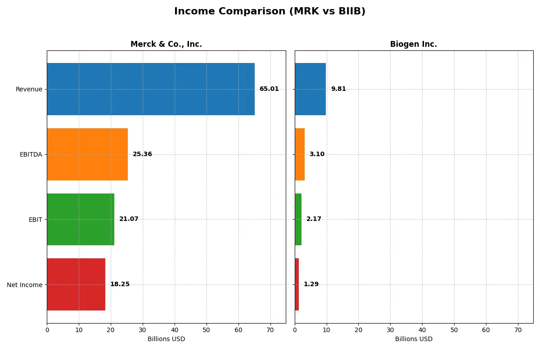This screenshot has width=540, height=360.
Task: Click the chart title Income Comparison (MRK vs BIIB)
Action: (270, 12)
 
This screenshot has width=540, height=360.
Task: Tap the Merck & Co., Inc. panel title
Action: (166, 44)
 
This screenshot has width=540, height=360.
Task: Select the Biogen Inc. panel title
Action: (414, 44)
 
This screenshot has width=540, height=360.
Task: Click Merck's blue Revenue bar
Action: (151, 89)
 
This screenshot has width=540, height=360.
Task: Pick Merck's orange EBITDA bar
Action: (87, 154)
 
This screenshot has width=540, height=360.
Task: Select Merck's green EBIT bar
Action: (81, 219)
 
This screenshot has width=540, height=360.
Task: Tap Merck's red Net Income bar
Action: (76, 284)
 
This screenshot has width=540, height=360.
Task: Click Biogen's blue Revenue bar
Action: (310, 89)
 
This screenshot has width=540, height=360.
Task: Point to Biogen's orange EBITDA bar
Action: (300, 154)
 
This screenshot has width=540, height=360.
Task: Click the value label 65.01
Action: (269, 89)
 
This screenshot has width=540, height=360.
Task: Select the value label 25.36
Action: (142, 154)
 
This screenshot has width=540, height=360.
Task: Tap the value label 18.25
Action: (120, 284)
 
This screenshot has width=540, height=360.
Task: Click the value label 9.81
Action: (338, 89)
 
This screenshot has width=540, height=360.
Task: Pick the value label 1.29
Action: (311, 284)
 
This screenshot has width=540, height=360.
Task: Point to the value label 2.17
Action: (314, 219)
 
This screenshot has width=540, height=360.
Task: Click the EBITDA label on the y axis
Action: (31, 154)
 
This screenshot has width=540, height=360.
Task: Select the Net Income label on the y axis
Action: (25, 285)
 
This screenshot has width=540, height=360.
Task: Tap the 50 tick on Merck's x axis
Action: (207, 330)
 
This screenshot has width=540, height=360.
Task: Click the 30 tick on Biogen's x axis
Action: (390, 330)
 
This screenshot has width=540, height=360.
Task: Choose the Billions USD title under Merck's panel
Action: (166, 339)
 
